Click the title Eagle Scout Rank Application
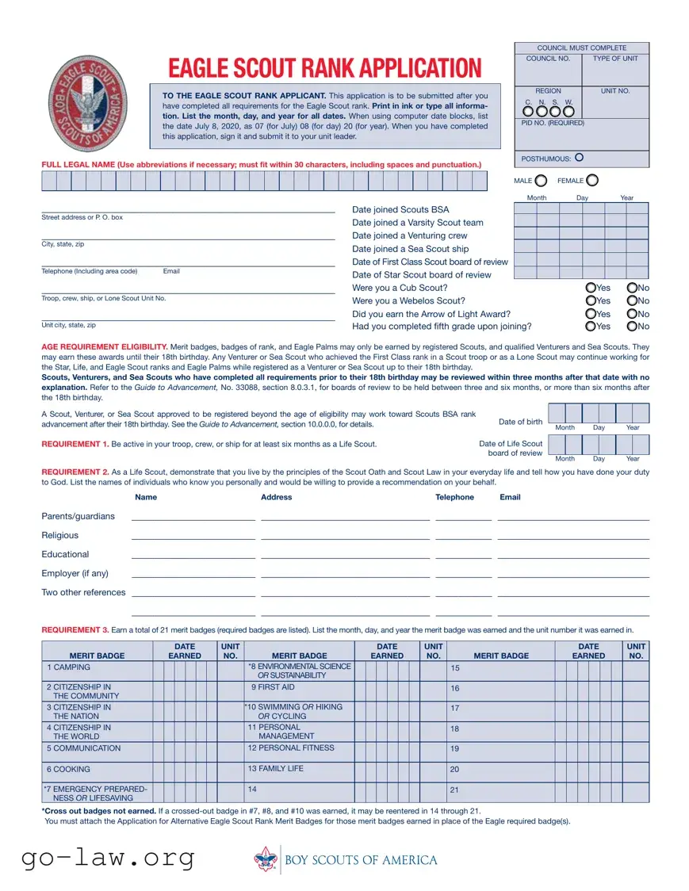pyautogui.click(x=324, y=68)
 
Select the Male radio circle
pyautogui.click(x=541, y=181)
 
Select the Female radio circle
pyautogui.click(x=592, y=181)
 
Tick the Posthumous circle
pyautogui.click(x=579, y=158)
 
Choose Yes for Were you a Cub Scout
pyautogui.click(x=591, y=288)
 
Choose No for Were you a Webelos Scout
pyautogui.click(x=632, y=300)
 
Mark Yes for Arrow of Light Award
pyautogui.click(x=591, y=313)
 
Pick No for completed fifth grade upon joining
pyautogui.click(x=632, y=326)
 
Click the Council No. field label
pyautogui.click(x=548, y=59)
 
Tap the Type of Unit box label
pyautogui.click(x=615, y=59)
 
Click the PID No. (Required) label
pyautogui.click(x=554, y=123)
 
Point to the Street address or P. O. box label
pyautogui.click(x=82, y=217)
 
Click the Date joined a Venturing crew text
pyautogui.click(x=409, y=235)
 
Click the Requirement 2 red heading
pyautogui.click(x=75, y=472)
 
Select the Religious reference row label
pyautogui.click(x=60, y=535)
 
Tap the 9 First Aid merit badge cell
pyautogui.click(x=272, y=687)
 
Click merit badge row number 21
pyautogui.click(x=455, y=790)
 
